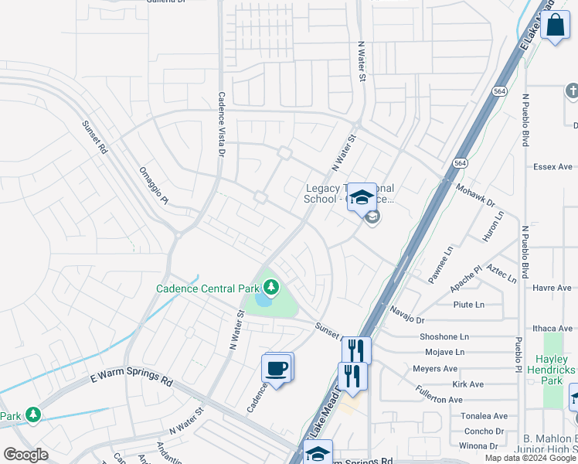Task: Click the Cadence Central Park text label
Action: [206, 288]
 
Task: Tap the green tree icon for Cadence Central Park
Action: [270, 288]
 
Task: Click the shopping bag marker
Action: [555, 26]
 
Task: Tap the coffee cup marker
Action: [277, 369]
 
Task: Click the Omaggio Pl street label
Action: [153, 186]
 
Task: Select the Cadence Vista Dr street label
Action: [220, 125]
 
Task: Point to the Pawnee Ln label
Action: [440, 261]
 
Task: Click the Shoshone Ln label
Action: [444, 336]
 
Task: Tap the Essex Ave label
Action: [552, 166]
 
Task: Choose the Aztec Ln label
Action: [501, 272]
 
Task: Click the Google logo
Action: [26, 455]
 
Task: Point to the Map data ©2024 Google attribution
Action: [529, 458]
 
